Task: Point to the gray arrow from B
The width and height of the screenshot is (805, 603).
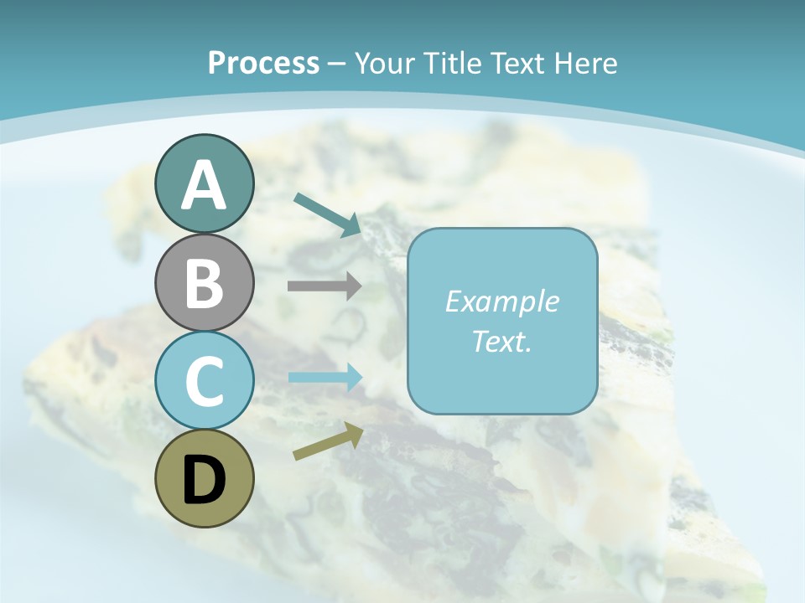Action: pyautogui.click(x=325, y=286)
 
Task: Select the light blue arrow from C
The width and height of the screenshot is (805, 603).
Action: pyautogui.click(x=325, y=377)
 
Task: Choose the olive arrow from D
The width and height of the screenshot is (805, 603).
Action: pyautogui.click(x=328, y=441)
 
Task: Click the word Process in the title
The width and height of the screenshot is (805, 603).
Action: pyautogui.click(x=263, y=63)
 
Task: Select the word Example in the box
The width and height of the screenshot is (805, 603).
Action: pyautogui.click(x=501, y=301)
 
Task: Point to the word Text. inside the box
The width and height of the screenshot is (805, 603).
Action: pyautogui.click(x=501, y=341)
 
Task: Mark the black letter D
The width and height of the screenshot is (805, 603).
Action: pyautogui.click(x=204, y=481)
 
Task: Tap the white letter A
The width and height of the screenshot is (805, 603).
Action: pyautogui.click(x=204, y=186)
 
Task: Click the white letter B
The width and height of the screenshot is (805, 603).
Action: pyautogui.click(x=204, y=283)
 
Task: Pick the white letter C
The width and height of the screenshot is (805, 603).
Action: pyautogui.click(x=204, y=381)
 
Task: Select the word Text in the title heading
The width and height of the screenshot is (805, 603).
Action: pyautogui.click(x=512, y=63)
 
